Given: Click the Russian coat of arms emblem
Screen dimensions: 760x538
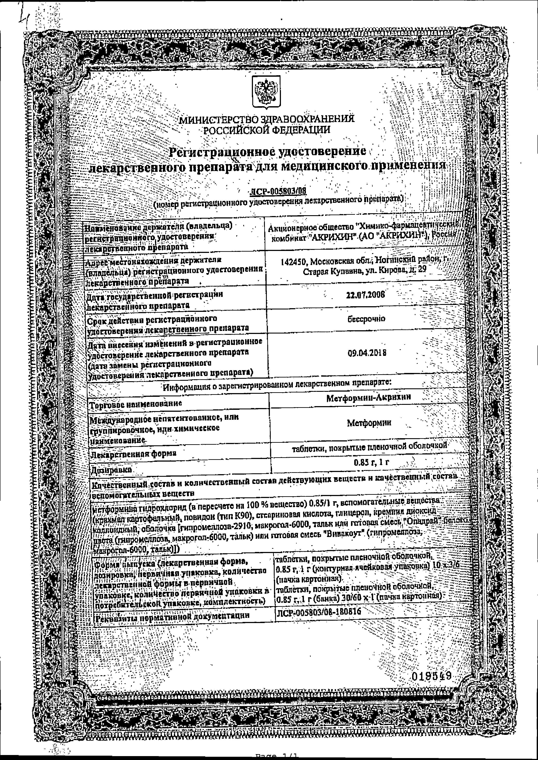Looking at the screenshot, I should pyautogui.click(x=266, y=92).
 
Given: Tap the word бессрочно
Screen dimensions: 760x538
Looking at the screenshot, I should pyautogui.click(x=366, y=319).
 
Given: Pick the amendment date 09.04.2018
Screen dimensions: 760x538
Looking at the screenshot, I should pyautogui.click(x=367, y=353).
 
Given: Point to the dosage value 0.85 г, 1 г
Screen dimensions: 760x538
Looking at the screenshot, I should pyautogui.click(x=371, y=462).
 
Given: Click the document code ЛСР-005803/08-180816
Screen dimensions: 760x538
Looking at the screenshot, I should pyautogui.click(x=318, y=612).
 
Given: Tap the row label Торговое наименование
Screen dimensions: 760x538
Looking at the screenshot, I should pyautogui.click(x=136, y=404).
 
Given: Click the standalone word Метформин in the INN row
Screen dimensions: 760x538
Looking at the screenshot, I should pyautogui.click(x=369, y=423).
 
